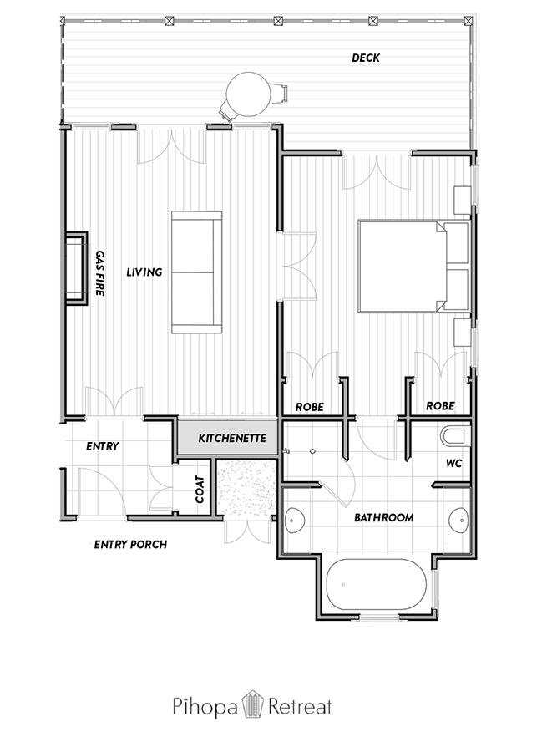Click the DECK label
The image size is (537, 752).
(x=366, y=58)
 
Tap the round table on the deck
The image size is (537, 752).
(x=247, y=94)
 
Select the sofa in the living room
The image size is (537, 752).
(x=196, y=272)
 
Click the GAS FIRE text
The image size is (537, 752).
(x=99, y=273)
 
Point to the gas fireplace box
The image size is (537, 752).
(x=76, y=268)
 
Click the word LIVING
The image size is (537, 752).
(x=144, y=272)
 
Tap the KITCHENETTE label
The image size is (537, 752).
(x=232, y=439)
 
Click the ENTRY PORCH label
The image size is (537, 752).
(x=130, y=544)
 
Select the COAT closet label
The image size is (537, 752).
(x=200, y=489)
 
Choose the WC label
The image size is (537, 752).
(x=453, y=463)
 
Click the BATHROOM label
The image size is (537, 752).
(x=383, y=517)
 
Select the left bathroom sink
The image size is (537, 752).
(x=295, y=520)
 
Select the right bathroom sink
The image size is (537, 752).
(x=458, y=520)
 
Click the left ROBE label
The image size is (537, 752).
(x=309, y=407)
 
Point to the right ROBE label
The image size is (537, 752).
(x=440, y=406)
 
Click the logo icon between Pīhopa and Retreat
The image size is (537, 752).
(x=252, y=704)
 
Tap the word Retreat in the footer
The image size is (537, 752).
(x=300, y=705)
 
